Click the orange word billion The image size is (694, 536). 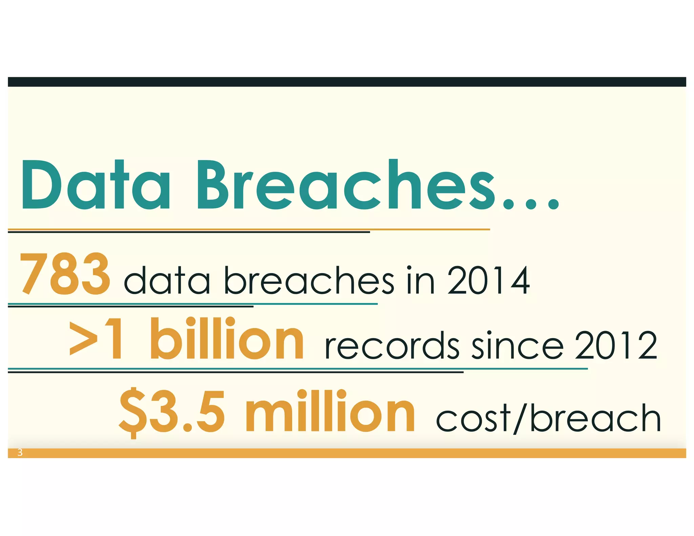pos(227,339)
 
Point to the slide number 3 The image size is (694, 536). pos(20,453)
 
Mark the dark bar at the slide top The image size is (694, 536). pos(347,82)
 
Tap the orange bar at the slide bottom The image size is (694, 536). pos(347,453)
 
